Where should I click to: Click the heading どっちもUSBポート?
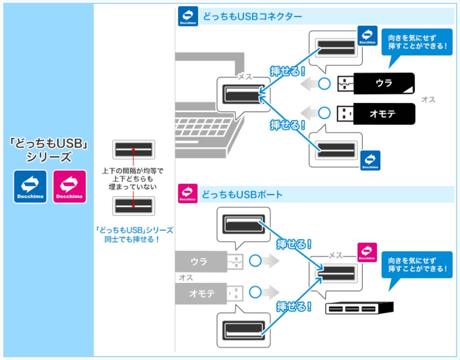click(x=242, y=194)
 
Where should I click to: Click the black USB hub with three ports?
click(x=359, y=309)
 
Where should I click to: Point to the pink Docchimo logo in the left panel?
click(x=69, y=186)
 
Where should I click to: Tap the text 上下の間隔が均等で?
click(x=132, y=170)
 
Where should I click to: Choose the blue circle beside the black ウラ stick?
click(x=324, y=84)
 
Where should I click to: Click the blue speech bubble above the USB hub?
click(x=417, y=266)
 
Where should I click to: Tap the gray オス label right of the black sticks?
click(x=428, y=100)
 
